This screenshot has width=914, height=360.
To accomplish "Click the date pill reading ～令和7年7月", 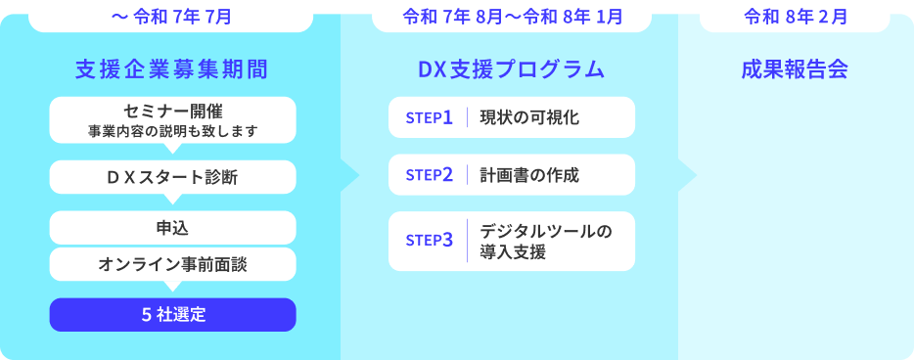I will pyautogui.click(x=171, y=17).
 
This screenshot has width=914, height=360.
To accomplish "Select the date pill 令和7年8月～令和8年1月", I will pyautogui.click(x=512, y=17).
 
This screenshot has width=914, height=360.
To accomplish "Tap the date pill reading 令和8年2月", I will pyautogui.click(x=796, y=17).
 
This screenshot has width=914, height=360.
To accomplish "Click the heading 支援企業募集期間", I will pyautogui.click(x=171, y=69).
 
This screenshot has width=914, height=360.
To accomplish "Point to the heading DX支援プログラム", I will pyautogui.click(x=511, y=69).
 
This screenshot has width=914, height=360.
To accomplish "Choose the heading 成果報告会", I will pyautogui.click(x=795, y=69).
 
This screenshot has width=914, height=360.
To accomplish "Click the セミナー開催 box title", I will pyautogui.click(x=172, y=108).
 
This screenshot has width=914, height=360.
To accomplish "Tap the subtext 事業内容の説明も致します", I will pyautogui.click(x=172, y=129).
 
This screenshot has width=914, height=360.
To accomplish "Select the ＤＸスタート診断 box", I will pyautogui.click(x=172, y=177).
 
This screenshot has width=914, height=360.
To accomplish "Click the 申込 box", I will pyautogui.click(x=172, y=227).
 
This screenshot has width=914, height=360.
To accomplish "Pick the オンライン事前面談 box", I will pyautogui.click(x=172, y=263).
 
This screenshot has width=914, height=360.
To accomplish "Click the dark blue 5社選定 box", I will pyautogui.click(x=172, y=314).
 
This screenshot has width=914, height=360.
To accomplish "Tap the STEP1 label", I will pyautogui.click(x=429, y=117).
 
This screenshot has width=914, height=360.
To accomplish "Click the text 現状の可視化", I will pyautogui.click(x=529, y=117).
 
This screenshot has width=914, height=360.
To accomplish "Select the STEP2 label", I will pyautogui.click(x=429, y=175).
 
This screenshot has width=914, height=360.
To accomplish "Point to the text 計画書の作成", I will pyautogui.click(x=529, y=175).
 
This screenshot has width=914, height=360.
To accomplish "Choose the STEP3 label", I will pyautogui.click(x=429, y=239).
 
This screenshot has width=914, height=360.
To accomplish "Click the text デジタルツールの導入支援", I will pyautogui.click(x=545, y=241).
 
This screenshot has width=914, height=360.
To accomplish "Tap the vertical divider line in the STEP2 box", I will pyautogui.click(x=468, y=175).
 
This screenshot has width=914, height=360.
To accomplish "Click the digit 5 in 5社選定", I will pyautogui.click(x=146, y=314).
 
